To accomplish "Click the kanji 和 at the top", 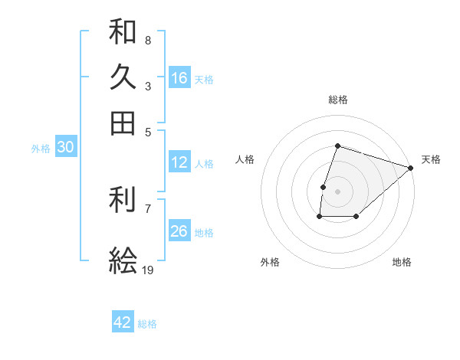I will tap(123, 32).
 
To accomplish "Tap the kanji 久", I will tap(123, 77).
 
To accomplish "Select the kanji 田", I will tap(123, 123).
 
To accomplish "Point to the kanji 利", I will tap(123, 201).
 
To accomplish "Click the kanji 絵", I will tap(123, 261).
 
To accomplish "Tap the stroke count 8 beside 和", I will tap(147, 40).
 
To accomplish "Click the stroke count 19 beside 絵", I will tap(147, 270).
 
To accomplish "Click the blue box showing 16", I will tap(179, 77).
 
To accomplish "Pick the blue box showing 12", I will tap(179, 162).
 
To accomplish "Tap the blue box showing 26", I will tap(179, 231).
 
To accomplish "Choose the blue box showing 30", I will tap(66, 148).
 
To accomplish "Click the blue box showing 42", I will tap(123, 322).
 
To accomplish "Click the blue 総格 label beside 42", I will tap(147, 324).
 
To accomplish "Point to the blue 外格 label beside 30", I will tap(41, 149).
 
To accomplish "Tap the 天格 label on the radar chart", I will tap(431, 159).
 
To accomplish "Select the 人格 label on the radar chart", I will tap(245, 159).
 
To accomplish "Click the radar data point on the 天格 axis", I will tap(411, 167).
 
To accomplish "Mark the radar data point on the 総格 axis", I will tap(337, 146).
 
